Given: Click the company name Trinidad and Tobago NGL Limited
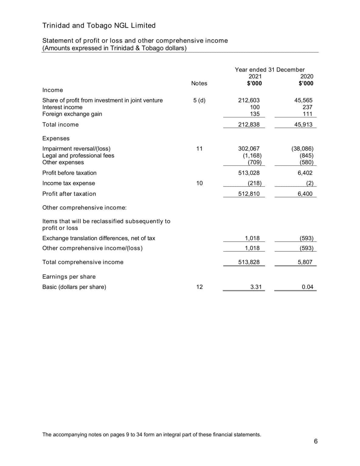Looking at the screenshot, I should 99,25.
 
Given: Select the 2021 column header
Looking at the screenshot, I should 255,76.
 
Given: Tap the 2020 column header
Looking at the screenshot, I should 307,76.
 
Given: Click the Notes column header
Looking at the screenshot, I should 199,83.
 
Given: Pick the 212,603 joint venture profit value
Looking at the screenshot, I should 249,100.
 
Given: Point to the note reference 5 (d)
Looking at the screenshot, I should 199,100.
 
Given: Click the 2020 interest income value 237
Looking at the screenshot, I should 307,107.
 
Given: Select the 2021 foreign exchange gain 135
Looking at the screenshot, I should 255,114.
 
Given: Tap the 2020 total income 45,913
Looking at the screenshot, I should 303,125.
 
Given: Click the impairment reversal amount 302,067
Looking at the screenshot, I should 249,149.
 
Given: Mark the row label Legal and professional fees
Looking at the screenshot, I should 78,156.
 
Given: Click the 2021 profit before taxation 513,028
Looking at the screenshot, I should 249,173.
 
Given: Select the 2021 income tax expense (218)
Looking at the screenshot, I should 254,183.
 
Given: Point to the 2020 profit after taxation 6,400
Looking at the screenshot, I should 305,194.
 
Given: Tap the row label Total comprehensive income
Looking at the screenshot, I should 83,262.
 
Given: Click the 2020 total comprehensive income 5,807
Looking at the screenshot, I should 305,262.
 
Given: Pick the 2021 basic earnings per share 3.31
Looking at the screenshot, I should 256,287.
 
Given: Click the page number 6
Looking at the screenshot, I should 316,441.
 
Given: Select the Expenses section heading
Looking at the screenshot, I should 56,139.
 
